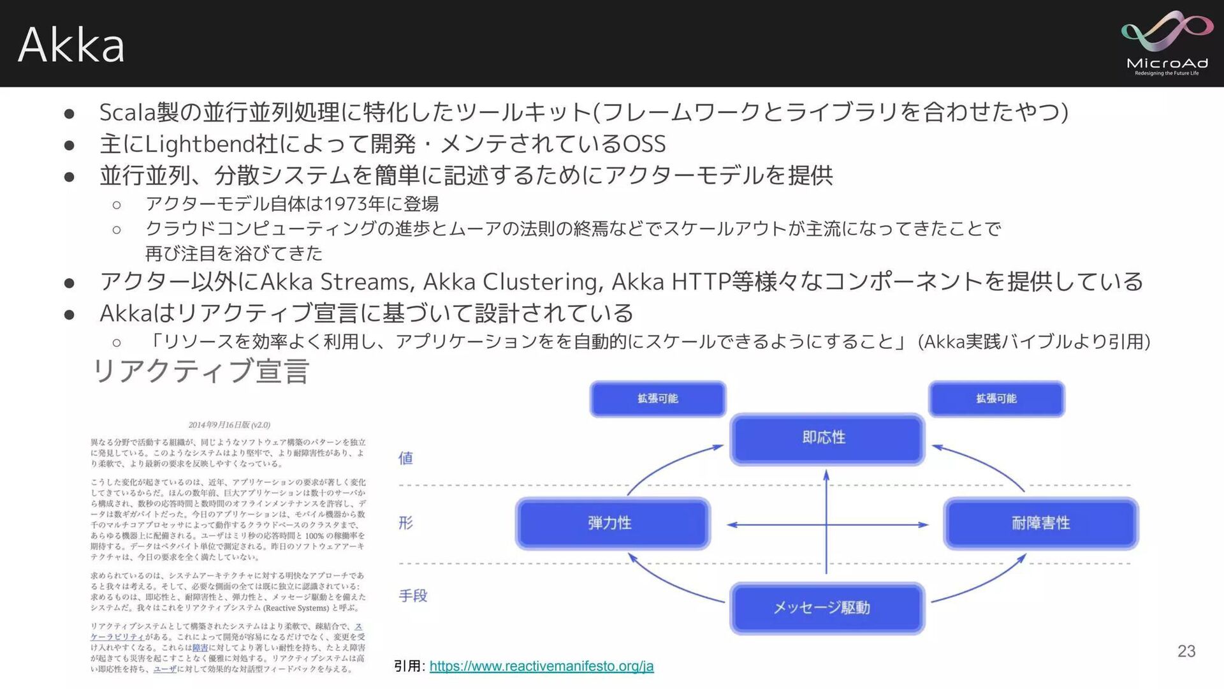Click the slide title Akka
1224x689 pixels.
pyautogui.click(x=71, y=45)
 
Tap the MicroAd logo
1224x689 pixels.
pyautogui.click(x=1167, y=43)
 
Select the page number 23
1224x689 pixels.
pyautogui.click(x=1186, y=651)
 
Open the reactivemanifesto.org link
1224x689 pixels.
pyautogui.click(x=541, y=666)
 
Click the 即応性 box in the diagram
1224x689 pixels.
pyautogui.click(x=826, y=438)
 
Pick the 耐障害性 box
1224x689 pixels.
pyautogui.click(x=1040, y=523)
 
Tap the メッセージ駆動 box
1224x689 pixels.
pyautogui.click(x=826, y=607)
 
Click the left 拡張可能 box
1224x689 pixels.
pyautogui.click(x=657, y=399)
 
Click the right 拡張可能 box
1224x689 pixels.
pyautogui.click(x=996, y=399)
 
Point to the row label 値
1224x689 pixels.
pyautogui.click(x=405, y=458)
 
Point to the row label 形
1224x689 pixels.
pyautogui.click(x=405, y=523)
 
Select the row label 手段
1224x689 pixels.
pyautogui.click(x=412, y=596)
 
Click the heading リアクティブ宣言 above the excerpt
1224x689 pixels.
pyautogui.click(x=201, y=371)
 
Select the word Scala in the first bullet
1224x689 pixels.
pyautogui.click(x=127, y=112)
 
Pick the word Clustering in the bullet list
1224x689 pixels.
pyautogui.click(x=542, y=281)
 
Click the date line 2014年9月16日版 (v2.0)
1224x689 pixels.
pyautogui.click(x=229, y=425)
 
